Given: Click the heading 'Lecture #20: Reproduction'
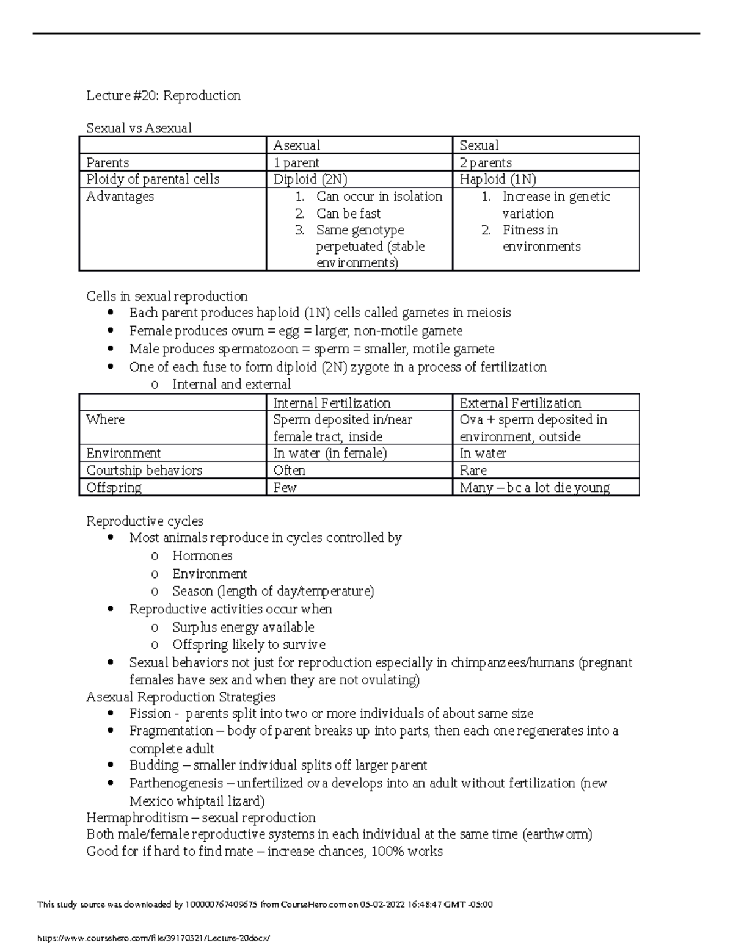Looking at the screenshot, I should pyautogui.click(x=163, y=96).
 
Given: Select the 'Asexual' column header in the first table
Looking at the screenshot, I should pyautogui.click(x=296, y=145).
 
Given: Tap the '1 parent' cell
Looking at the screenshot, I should pyautogui.click(x=296, y=162).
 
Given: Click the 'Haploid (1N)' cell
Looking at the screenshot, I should pyautogui.click(x=497, y=179).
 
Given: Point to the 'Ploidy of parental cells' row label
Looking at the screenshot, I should pyautogui.click(x=153, y=179).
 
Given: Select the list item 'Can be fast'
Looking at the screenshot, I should pyautogui.click(x=348, y=214).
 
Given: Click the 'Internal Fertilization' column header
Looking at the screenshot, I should pyautogui.click(x=332, y=403).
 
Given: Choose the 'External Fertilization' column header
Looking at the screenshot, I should pyautogui.click(x=520, y=403).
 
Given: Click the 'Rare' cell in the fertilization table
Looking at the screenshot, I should pyautogui.click(x=473, y=470).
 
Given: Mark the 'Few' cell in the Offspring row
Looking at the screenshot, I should pyautogui.click(x=285, y=488).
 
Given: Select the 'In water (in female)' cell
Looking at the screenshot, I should pyautogui.click(x=330, y=453).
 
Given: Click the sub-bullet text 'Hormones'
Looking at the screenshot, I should pyautogui.click(x=202, y=555).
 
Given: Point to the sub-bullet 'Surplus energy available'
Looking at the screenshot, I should pyautogui.click(x=243, y=627).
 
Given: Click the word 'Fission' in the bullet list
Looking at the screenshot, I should pyautogui.click(x=150, y=714).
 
